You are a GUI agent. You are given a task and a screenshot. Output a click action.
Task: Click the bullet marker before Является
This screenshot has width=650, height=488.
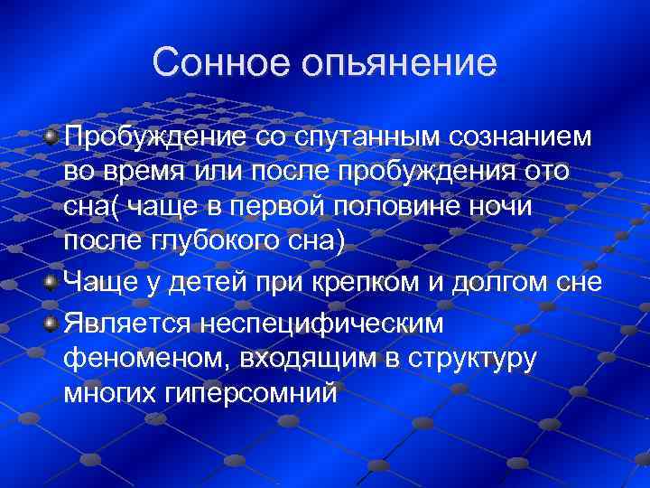pyautogui.click(x=52, y=323)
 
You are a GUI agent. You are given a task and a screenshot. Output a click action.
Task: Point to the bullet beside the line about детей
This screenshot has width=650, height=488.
pyautogui.click(x=52, y=284)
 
